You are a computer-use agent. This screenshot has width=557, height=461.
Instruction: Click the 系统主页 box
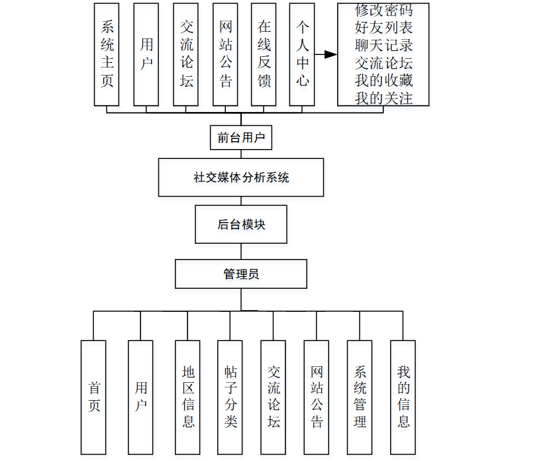coord(107,54)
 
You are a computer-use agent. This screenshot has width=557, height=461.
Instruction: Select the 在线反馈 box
coord(264,54)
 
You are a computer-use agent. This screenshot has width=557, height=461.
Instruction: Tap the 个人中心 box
coord(302,54)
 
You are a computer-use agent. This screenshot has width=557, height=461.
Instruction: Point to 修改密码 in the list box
coord(383,11)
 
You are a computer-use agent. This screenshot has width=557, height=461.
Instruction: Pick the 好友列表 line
coord(383,28)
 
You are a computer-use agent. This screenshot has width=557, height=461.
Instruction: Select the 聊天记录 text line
coord(383,46)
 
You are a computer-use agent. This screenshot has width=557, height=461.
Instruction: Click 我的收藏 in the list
coord(383,81)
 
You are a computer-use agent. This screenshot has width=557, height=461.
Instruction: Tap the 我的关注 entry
coord(383,98)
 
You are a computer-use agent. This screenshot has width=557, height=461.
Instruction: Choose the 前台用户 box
coord(241,138)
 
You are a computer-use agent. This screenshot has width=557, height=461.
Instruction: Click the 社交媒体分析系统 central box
coord(241,178)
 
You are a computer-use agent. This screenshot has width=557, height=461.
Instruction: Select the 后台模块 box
coord(241,225)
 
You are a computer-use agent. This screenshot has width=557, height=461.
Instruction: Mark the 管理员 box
coord(241,274)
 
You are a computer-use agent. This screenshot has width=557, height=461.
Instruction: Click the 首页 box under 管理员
coord(93,397)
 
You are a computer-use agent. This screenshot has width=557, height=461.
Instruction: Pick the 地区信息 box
coord(188,397)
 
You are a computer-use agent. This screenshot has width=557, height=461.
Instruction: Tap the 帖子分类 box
coord(230,397)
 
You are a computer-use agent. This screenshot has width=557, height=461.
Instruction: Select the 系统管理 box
coord(360,397)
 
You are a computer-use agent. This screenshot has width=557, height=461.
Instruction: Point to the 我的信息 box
coord(403,397)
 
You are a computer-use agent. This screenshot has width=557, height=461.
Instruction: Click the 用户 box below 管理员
coord(140,397)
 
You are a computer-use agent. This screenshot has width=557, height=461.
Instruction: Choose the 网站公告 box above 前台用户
coord(225,54)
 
